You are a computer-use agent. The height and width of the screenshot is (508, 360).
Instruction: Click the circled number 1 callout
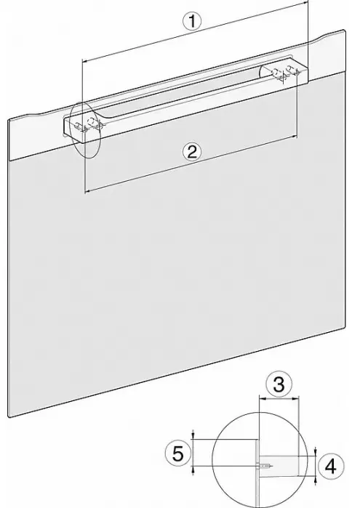[x=192, y=21]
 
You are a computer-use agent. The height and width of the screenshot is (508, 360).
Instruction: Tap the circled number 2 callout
[x=192, y=152]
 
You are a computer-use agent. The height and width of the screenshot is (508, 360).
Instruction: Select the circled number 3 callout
[x=279, y=384]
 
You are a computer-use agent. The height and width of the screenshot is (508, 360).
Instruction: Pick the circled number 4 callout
[x=330, y=466]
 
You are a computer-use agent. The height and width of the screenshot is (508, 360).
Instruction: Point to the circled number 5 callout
[x=177, y=453]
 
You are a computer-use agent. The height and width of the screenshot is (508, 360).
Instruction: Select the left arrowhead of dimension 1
[x=84, y=60]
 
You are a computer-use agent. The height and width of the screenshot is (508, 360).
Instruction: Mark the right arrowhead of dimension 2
[x=295, y=137]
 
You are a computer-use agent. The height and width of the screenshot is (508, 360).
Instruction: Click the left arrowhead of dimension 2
[x=87, y=191]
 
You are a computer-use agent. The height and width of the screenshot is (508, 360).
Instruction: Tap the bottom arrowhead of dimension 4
[x=315, y=479]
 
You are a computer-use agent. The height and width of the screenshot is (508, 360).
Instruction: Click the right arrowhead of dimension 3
[x=296, y=399]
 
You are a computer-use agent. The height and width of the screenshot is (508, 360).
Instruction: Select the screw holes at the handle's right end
[x=285, y=73]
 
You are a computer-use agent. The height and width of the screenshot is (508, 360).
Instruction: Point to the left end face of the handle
[x=73, y=130]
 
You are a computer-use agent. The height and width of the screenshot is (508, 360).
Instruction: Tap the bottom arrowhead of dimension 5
[x=193, y=469]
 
